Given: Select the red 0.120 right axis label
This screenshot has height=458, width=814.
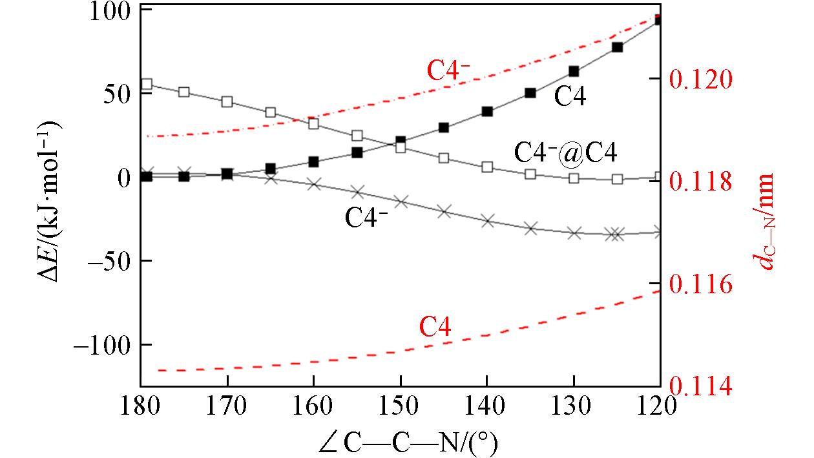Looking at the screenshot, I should coord(702,79).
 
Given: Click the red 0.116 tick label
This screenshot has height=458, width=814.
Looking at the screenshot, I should coord(702,284).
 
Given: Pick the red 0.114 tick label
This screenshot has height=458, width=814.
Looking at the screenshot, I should coord(702,386).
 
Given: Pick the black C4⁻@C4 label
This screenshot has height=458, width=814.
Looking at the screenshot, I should coord(565,152).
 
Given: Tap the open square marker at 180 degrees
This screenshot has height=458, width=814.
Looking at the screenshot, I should coord(147,84).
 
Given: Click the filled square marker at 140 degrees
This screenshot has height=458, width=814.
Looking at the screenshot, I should coord(487,111).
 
